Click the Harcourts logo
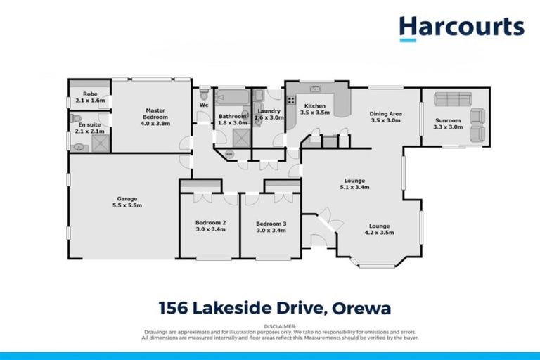click(x=461, y=28)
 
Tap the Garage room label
click(x=127, y=202)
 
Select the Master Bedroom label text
click(x=155, y=114)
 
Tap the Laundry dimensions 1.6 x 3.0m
click(x=270, y=118)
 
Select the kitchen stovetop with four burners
click(x=290, y=100)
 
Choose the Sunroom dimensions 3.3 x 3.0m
click(x=449, y=127)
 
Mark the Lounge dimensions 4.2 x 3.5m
click(x=378, y=233)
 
